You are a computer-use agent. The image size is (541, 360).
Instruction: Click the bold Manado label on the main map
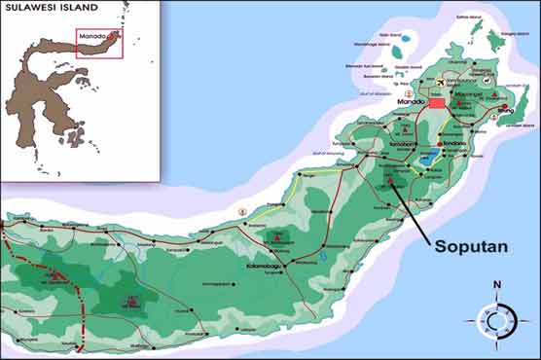click(x=413, y=101)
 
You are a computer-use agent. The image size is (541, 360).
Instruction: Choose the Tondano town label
click(x=452, y=143)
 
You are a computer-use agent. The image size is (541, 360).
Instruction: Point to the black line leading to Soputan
click(x=420, y=210)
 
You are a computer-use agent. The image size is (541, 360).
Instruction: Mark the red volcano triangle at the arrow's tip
click(x=390, y=180)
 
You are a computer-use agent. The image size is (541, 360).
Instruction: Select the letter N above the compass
click(x=496, y=284)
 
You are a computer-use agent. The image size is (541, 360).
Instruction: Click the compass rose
click(x=496, y=318)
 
